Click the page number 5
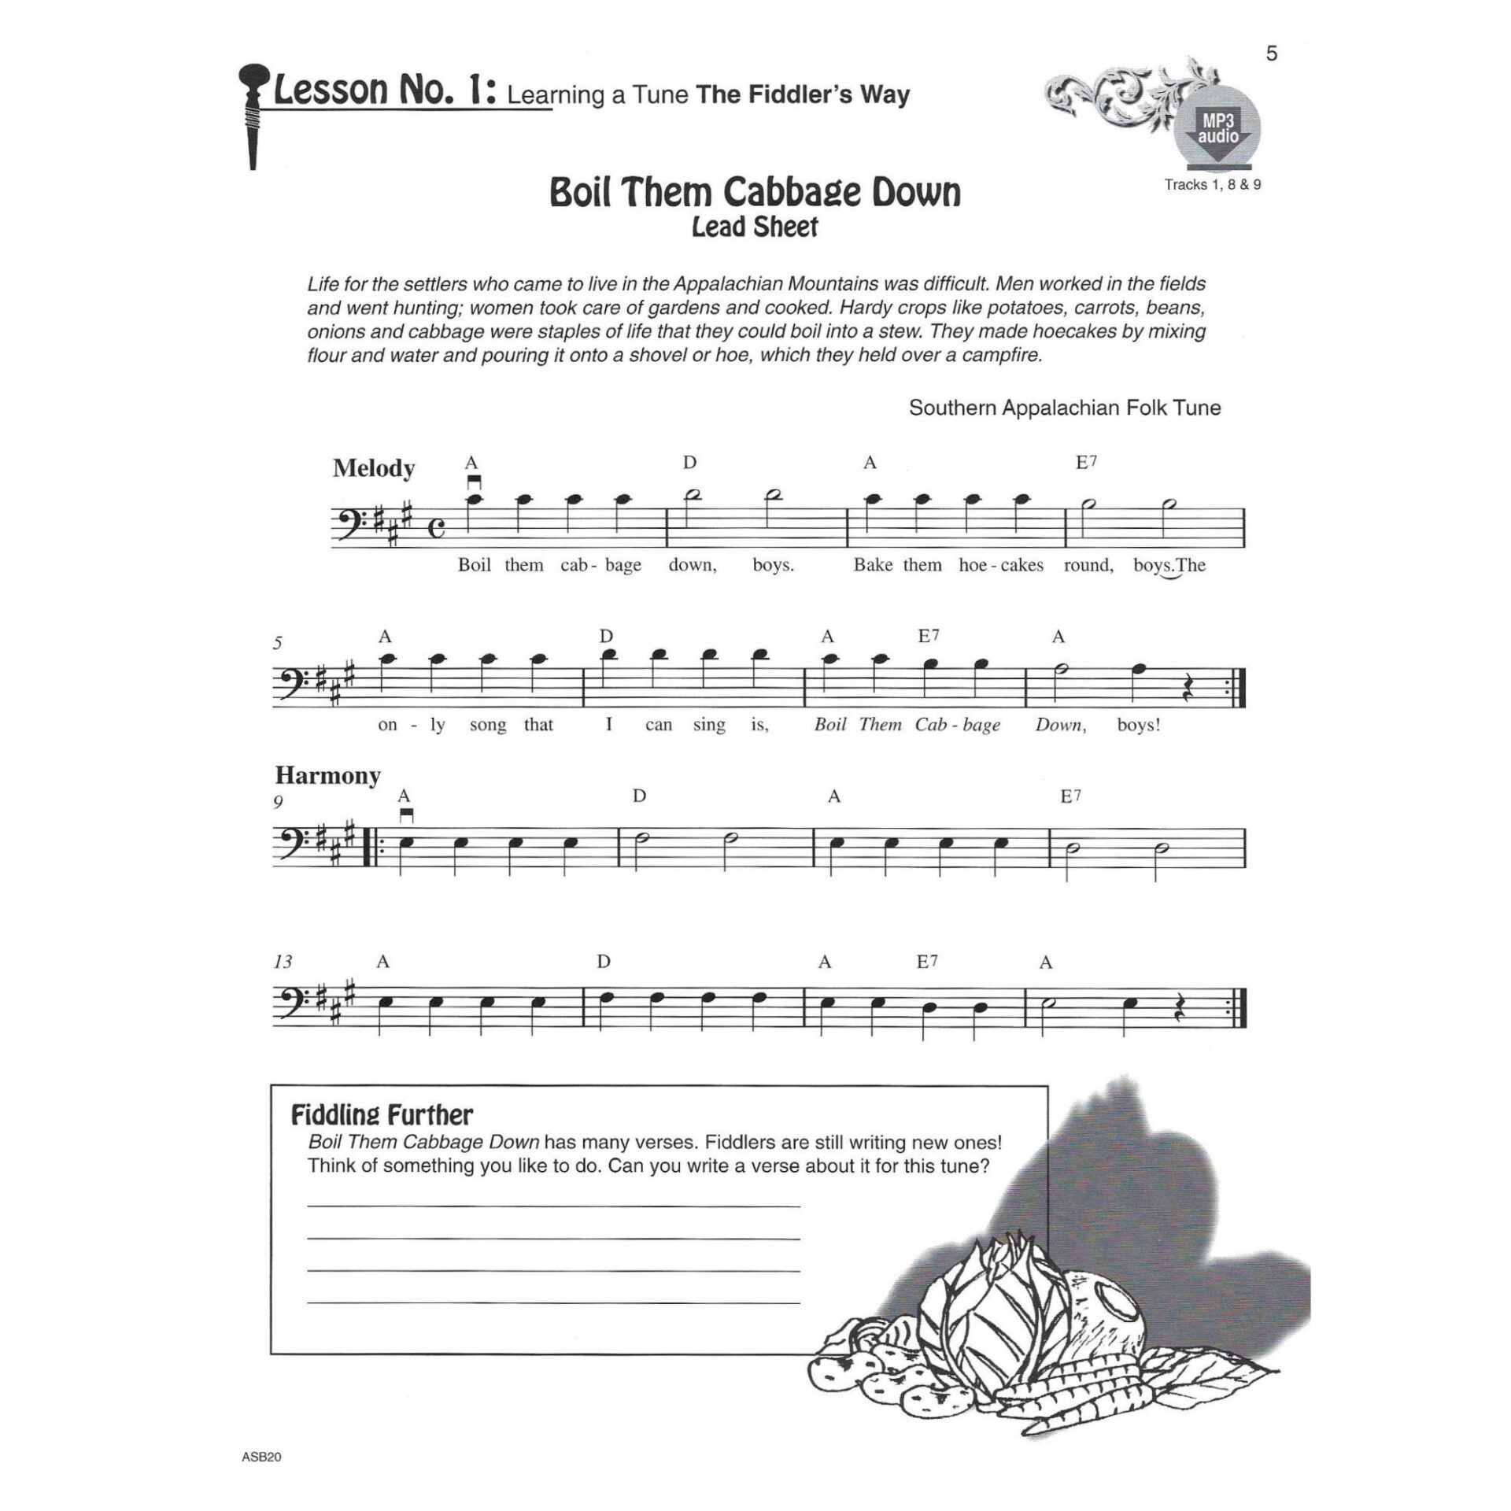click(x=1272, y=54)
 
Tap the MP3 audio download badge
click(x=1217, y=131)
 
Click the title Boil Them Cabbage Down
click(x=755, y=192)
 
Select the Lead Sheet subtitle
click(x=755, y=228)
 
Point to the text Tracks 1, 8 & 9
click(x=1213, y=185)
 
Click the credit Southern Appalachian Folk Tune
click(x=1064, y=408)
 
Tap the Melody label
click(x=373, y=468)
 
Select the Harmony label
click(x=327, y=776)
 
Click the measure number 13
click(x=283, y=962)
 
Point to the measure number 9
click(x=279, y=802)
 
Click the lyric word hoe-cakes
click(x=1001, y=565)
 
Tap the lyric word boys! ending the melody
click(x=1138, y=725)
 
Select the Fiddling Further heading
click(x=382, y=1115)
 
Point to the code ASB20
click(x=261, y=1457)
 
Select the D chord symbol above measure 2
click(x=689, y=463)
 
